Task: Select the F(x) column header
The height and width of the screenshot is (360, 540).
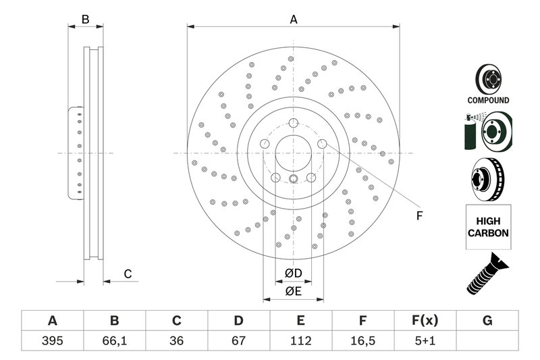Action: pyautogui.click(x=425, y=320)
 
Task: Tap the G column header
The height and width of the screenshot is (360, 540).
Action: pyautogui.click(x=487, y=320)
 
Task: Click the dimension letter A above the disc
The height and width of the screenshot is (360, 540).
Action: pyautogui.click(x=294, y=20)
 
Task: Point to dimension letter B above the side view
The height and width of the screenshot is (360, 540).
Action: pyautogui.click(x=86, y=20)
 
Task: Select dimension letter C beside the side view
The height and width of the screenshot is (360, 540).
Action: pyautogui.click(x=126, y=274)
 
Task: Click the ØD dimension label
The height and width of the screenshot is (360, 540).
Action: pyautogui.click(x=292, y=273)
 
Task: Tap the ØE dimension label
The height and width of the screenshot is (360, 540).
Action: pyautogui.click(x=292, y=292)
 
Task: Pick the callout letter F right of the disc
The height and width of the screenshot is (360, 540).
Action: pyautogui.click(x=418, y=216)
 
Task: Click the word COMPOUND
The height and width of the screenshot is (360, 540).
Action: pyautogui.click(x=488, y=100)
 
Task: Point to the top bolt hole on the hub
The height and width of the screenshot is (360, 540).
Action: pyautogui.click(x=294, y=123)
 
